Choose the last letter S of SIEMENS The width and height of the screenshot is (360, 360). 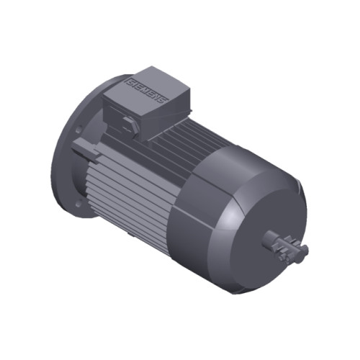click(x=165, y=99)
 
